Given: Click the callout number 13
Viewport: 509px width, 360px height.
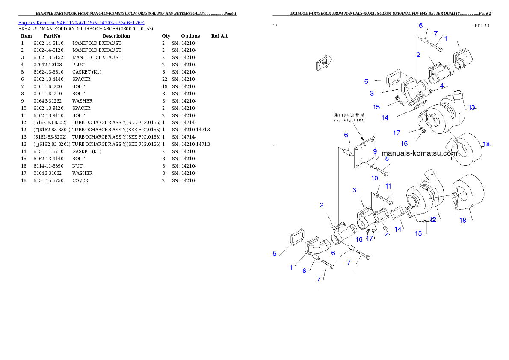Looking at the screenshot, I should pos(471,107).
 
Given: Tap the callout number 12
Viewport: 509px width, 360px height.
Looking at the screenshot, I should pos(433,220).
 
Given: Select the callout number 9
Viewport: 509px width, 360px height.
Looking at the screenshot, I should pos(375,151).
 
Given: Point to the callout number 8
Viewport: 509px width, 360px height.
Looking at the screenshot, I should pos(387,158).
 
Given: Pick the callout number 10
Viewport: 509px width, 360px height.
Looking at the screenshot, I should pos(375,177).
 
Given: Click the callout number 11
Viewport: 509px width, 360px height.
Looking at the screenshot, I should pos(388,186).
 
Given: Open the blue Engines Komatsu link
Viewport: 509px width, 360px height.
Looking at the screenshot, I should pos(81,22).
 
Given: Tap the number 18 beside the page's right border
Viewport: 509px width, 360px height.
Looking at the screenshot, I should pos(486,144).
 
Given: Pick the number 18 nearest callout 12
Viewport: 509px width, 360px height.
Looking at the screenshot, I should pos(463,220).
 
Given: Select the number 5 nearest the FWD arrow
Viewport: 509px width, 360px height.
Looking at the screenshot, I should pos(366,81).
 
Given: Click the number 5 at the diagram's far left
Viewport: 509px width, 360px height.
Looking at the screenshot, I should pos(275,254).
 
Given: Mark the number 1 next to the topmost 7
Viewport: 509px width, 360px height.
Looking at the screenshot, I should pos(446,38).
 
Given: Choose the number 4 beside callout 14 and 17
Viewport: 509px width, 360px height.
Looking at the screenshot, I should pos(387,234).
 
